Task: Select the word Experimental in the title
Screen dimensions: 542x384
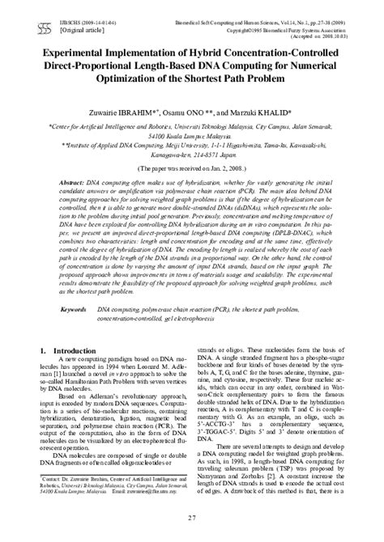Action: (74, 52)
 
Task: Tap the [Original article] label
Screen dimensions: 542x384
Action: (58, 17)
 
